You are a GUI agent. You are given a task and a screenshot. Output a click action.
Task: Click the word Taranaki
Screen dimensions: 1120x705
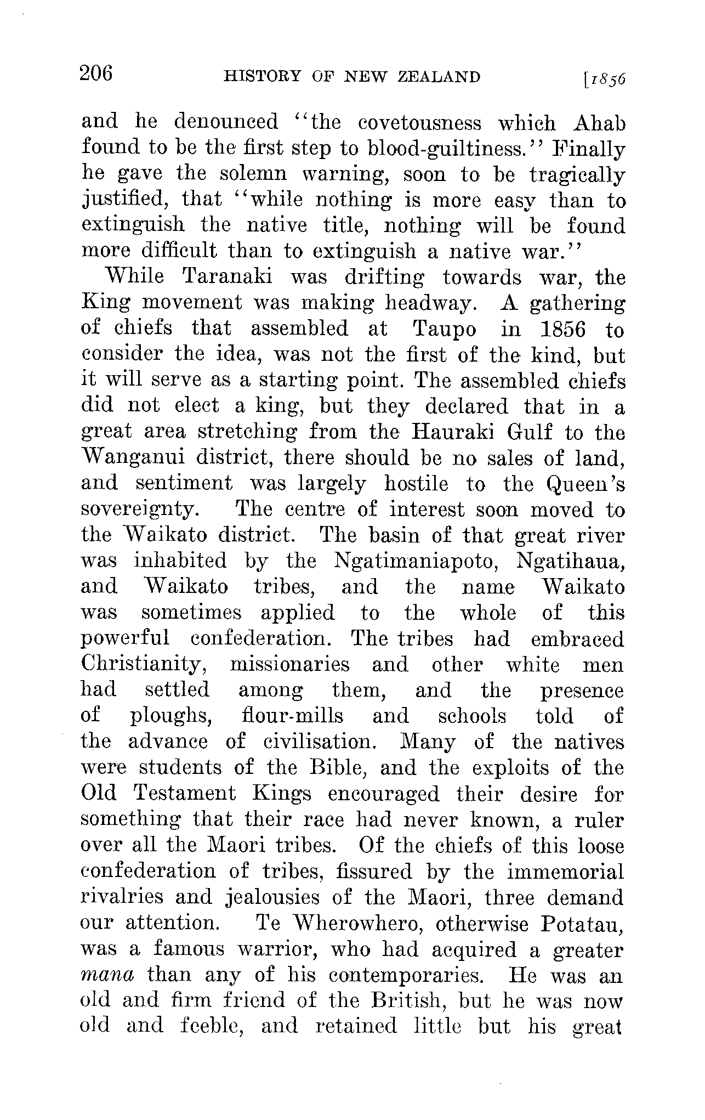point(226,277)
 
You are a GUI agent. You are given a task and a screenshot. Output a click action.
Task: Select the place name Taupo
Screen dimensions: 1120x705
point(444,329)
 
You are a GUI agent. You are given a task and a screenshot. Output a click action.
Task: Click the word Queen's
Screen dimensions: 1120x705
point(585,484)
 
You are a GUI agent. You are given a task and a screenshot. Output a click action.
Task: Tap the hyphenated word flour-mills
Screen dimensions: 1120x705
point(292,716)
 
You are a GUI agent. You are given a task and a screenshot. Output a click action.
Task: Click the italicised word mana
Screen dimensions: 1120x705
point(107,975)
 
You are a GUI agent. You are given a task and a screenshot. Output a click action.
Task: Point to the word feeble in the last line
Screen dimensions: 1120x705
point(211,1026)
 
